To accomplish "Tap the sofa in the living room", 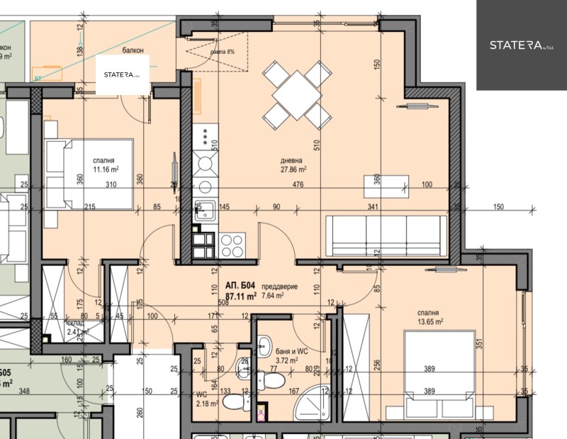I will coord(386,236).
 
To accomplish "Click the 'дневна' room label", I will coord(292,160).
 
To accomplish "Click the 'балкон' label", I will coord(132,50).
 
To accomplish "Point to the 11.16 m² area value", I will coord(103,170).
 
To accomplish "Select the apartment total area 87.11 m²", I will coord(240,296).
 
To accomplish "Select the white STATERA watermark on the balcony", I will coord(123,74).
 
